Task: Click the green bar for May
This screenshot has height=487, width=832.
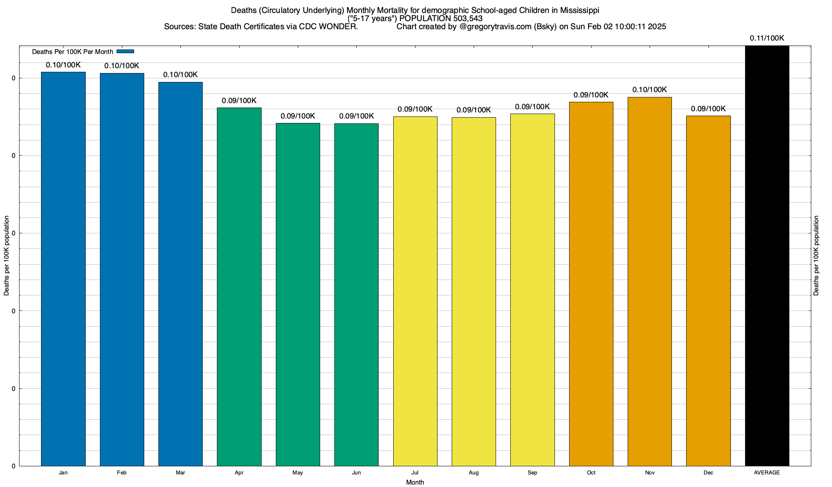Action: [x=298, y=294]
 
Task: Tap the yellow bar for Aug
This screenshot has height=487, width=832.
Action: [x=474, y=291]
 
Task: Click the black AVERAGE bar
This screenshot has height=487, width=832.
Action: [x=767, y=256]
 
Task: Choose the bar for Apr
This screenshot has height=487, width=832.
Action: [x=239, y=287]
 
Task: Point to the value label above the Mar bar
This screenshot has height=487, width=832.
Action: [x=180, y=75]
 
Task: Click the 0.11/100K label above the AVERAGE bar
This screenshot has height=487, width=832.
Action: [x=767, y=38]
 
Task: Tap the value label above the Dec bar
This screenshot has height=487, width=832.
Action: [x=708, y=109]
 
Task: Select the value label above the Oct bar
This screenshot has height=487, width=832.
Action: [x=591, y=95]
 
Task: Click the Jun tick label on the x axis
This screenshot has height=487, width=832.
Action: [x=356, y=473]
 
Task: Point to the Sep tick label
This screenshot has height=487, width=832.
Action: [x=532, y=473]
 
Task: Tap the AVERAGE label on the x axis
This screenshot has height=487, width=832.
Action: [x=767, y=473]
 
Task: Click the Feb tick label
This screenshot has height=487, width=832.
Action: [x=121, y=473]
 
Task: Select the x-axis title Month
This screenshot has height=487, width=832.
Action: [x=415, y=482]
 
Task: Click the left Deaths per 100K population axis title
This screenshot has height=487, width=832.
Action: [x=6, y=256]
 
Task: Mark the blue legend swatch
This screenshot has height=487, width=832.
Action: [x=125, y=52]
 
